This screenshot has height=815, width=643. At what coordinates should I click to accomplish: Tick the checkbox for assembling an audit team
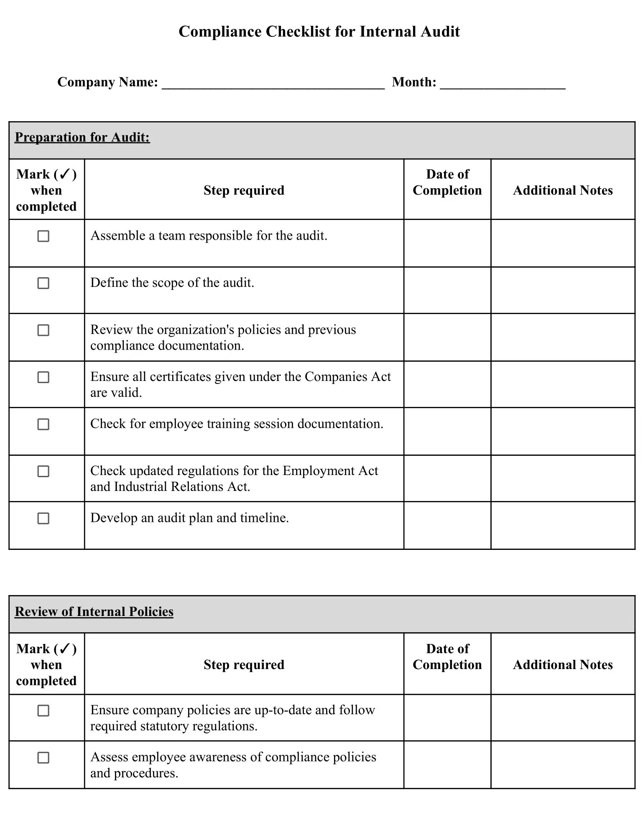tap(43, 236)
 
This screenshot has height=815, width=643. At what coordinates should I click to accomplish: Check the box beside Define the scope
tap(43, 283)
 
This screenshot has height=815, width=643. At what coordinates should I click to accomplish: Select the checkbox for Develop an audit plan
tap(43, 519)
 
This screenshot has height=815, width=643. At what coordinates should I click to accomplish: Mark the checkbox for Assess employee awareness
tap(43, 758)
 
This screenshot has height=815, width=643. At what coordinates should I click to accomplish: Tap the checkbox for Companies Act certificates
tap(43, 377)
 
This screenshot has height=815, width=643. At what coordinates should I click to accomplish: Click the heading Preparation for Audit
tap(82, 138)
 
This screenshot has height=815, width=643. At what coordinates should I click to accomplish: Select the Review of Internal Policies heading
tap(94, 612)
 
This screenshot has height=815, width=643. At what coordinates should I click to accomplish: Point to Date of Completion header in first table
tap(447, 182)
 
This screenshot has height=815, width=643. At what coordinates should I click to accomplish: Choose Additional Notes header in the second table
tap(563, 665)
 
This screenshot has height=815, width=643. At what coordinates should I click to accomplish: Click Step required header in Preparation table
tap(244, 190)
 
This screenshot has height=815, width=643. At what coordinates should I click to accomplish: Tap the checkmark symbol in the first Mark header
tap(65, 174)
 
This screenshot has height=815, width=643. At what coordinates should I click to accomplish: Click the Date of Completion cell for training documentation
tap(447, 431)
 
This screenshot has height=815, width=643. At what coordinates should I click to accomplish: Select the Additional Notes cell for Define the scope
tap(563, 290)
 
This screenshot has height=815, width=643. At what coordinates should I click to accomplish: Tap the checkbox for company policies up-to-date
tap(43, 711)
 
